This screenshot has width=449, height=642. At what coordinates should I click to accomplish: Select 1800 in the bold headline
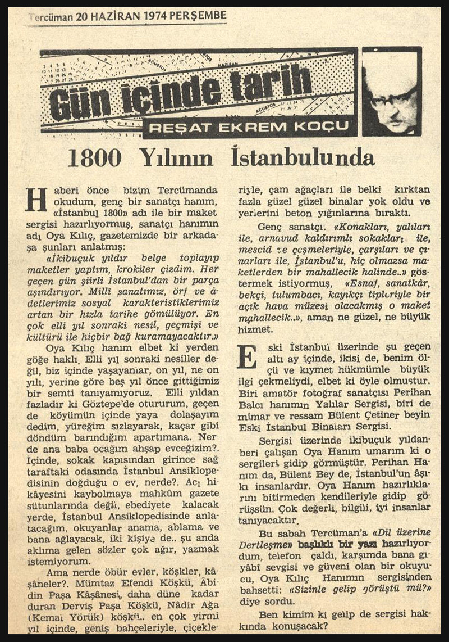94,159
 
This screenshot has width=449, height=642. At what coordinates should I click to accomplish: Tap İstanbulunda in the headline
303,158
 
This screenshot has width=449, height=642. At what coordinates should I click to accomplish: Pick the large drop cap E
247,356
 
